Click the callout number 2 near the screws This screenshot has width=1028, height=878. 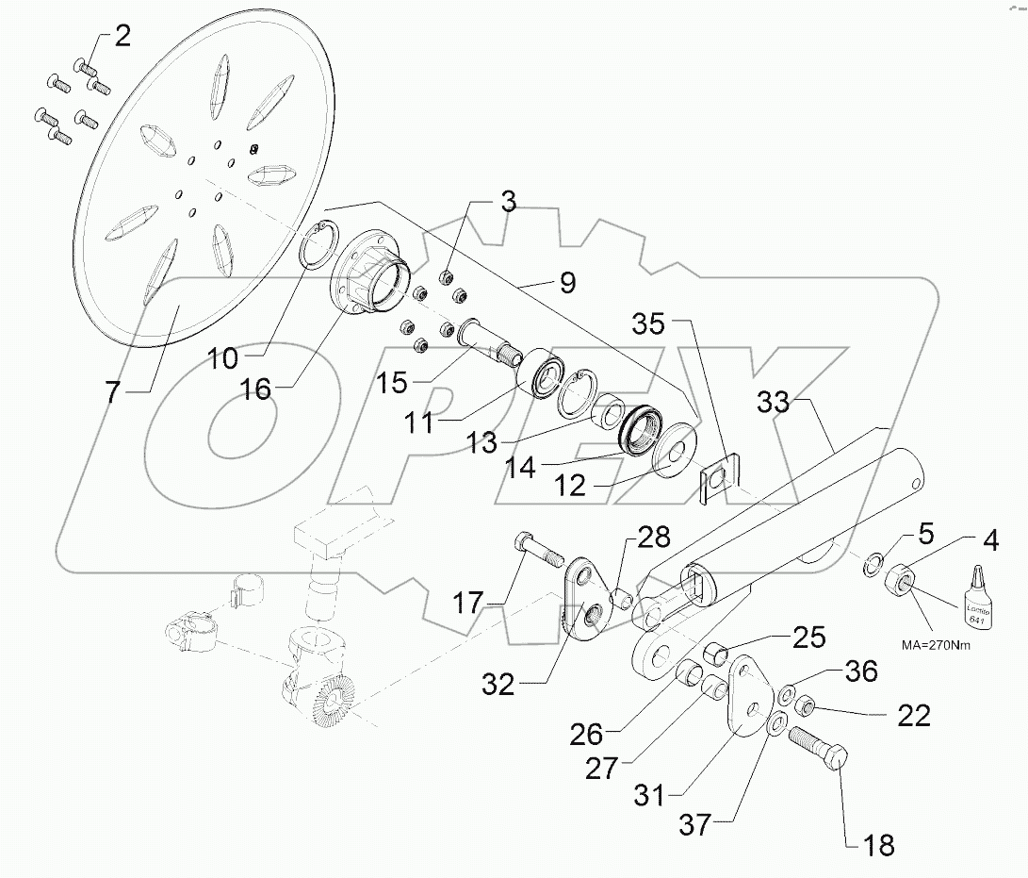[122, 39]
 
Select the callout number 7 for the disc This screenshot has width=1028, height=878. [113, 391]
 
